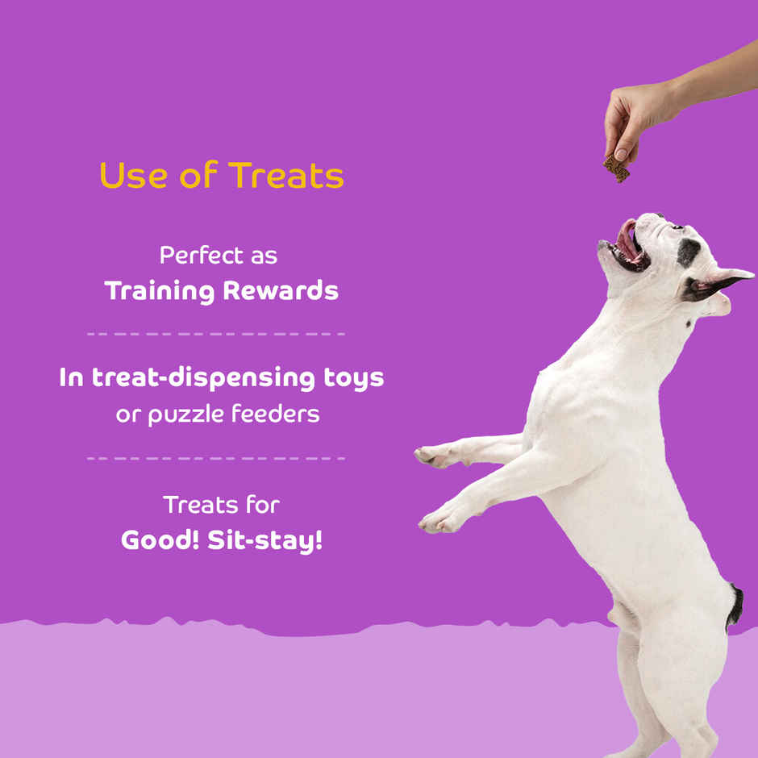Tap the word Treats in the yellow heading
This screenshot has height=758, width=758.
click(286, 176)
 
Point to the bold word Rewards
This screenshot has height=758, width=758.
click(281, 291)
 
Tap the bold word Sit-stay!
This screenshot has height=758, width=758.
click(265, 540)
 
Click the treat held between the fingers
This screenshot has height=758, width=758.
click(617, 169)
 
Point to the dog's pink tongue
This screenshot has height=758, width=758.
click(627, 240)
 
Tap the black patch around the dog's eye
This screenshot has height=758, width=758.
click(688, 252)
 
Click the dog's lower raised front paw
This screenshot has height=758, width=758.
click(435, 522)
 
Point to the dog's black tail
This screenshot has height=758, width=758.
click(735, 607)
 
